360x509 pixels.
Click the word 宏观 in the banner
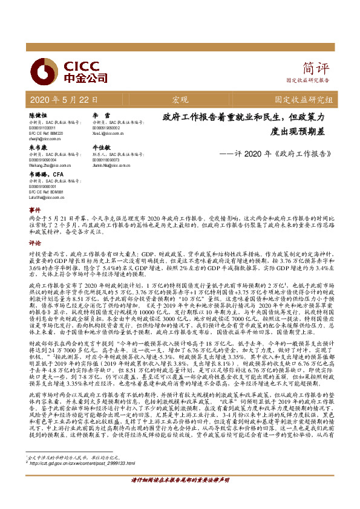(180, 100)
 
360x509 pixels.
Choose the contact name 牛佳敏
(101, 147)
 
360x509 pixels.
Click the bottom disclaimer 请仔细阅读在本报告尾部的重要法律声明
(180, 496)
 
